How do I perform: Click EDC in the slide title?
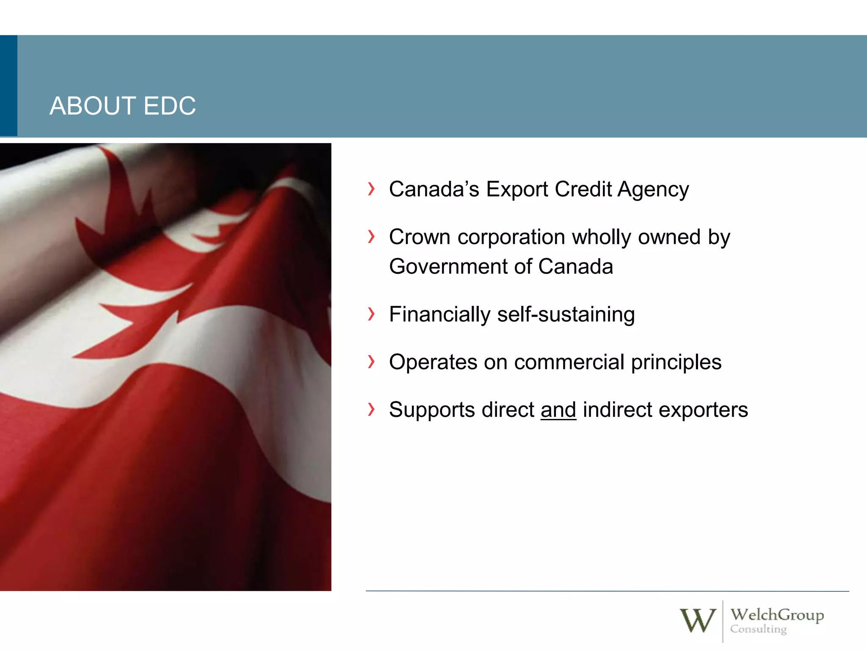pos(169,106)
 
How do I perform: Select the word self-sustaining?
pos(566,315)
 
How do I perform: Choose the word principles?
pos(676,363)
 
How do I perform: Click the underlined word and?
pos(558,410)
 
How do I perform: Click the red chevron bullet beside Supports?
pos(371,409)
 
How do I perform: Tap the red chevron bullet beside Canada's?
pos(371,189)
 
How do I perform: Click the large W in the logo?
pos(697,620)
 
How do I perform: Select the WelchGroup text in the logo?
pos(777,614)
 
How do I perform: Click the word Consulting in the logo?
pos(758,629)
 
